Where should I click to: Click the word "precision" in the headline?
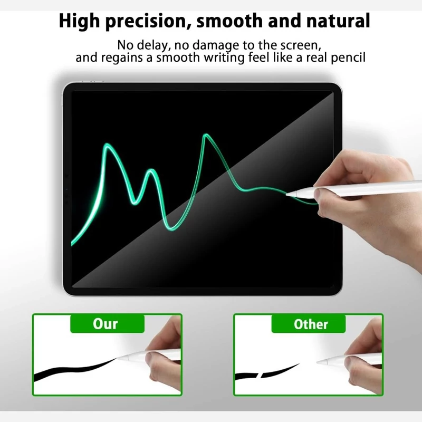point(146,22)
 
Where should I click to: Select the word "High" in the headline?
point(79,22)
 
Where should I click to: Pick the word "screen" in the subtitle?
point(301,45)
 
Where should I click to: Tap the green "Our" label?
point(107,324)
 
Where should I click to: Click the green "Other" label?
point(309,324)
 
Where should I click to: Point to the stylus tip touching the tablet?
point(286,193)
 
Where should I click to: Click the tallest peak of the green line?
point(205,135)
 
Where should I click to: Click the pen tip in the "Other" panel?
point(318,362)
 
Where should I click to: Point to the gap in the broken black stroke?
point(260,375)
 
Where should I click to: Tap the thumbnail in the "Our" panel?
point(149,358)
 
